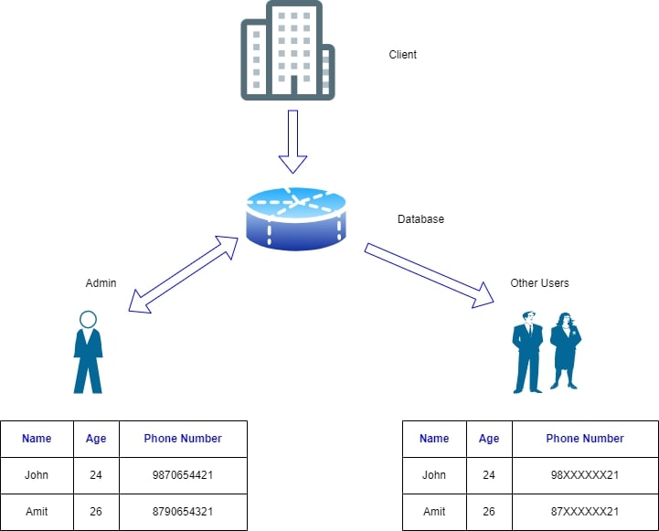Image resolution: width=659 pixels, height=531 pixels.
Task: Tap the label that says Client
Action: pos(402,55)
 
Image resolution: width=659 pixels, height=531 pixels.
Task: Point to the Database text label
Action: pos(420,219)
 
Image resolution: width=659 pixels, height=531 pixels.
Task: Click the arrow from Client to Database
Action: pos(293,141)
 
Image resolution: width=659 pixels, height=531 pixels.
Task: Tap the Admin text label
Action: pos(101,283)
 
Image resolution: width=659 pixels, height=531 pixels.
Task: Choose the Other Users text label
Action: pos(539,283)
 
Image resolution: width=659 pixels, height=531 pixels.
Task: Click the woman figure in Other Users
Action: pos(565,351)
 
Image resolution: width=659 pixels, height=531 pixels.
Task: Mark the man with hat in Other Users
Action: pos(528,353)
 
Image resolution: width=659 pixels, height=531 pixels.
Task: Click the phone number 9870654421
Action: pos(183,475)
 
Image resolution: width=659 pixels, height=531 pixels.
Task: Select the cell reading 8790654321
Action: pos(183,512)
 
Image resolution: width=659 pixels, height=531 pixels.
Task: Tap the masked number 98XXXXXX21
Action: pos(585,475)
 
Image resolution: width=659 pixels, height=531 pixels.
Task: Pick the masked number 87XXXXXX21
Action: pos(585,512)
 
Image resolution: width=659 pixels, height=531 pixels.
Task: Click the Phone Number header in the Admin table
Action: pos(183,439)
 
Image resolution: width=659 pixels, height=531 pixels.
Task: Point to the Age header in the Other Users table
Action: pos(489,439)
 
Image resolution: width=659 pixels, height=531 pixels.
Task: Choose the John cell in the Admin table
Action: pos(37,475)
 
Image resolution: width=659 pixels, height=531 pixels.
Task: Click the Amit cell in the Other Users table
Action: pos(434,512)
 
